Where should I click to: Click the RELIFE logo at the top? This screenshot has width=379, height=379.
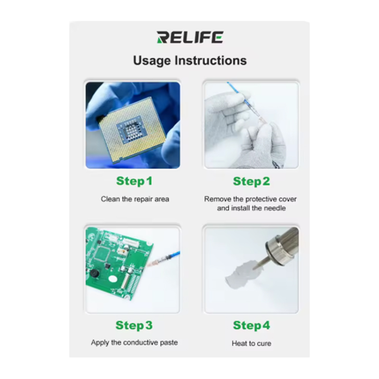(190, 37)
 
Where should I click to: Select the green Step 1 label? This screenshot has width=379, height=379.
(134, 181)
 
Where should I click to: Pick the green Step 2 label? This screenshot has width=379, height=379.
(252, 181)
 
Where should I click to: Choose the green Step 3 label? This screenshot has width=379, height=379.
(134, 325)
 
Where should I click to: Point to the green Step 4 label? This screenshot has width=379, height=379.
(252, 325)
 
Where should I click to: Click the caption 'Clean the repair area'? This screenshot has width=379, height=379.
(135, 199)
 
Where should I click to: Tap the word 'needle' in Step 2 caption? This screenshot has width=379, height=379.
(275, 208)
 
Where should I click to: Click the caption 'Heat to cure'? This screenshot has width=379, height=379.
(252, 343)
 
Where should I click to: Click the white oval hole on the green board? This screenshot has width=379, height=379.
(113, 279)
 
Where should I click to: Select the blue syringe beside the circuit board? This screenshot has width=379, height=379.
(164, 258)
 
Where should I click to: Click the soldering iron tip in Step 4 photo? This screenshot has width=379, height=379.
(259, 264)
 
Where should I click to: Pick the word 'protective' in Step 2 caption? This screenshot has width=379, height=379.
(261, 199)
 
